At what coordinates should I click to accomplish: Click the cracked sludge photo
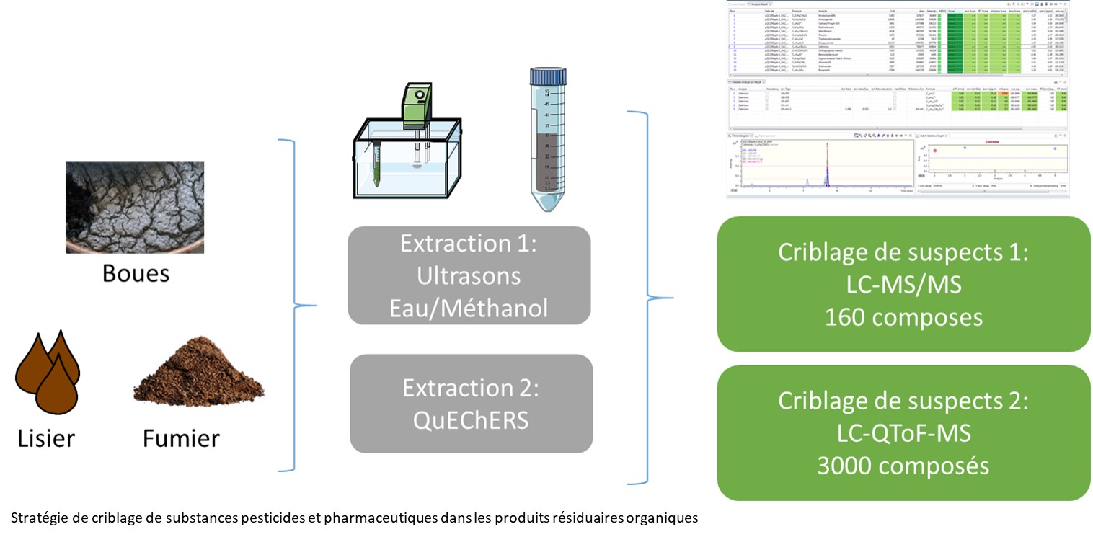click(134, 207)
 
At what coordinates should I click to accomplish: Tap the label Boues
click(136, 273)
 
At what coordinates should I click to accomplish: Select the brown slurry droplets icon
click(48, 370)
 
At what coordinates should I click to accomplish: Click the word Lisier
click(46, 438)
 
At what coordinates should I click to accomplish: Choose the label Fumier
click(181, 438)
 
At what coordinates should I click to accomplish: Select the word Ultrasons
click(469, 275)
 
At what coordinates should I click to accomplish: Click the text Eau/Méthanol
click(469, 308)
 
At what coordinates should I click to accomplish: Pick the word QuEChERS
click(471, 420)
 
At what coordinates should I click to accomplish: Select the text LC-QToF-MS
click(903, 432)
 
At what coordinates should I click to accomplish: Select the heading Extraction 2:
click(471, 388)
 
